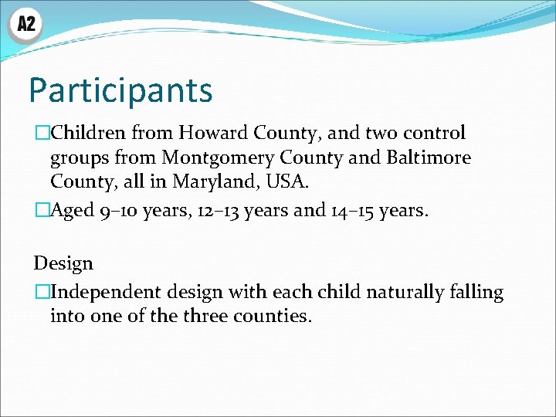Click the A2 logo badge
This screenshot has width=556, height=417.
click(25, 25)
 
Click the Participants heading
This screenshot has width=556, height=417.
click(120, 90)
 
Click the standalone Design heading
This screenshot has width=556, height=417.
click(63, 264)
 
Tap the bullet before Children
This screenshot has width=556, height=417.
click(41, 134)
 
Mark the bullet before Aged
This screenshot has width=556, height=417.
click(41, 211)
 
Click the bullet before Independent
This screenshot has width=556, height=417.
click(41, 293)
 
